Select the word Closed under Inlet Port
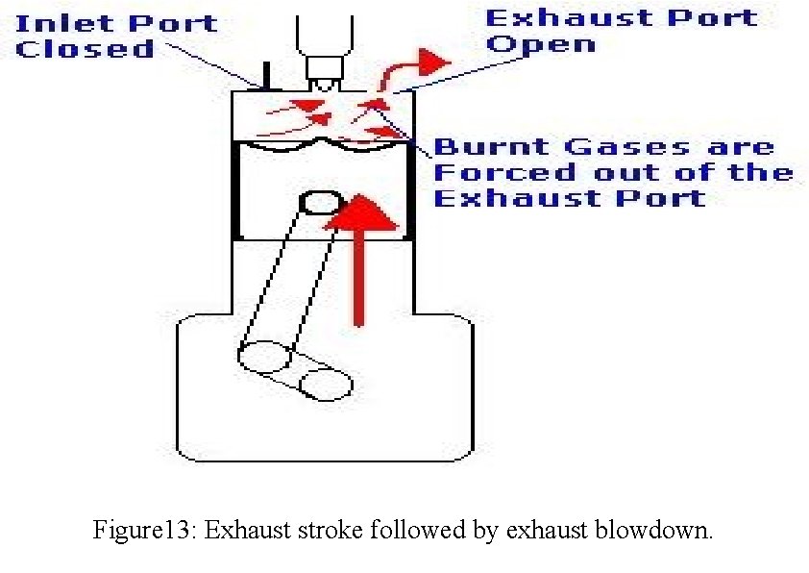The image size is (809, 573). click(x=85, y=49)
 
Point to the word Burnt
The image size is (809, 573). click(x=490, y=147)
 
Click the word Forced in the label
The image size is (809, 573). click(x=494, y=173)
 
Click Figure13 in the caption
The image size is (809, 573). click(x=145, y=531)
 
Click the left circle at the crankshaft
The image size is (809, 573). click(x=264, y=357)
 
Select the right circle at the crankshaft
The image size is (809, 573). click(x=325, y=385)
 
